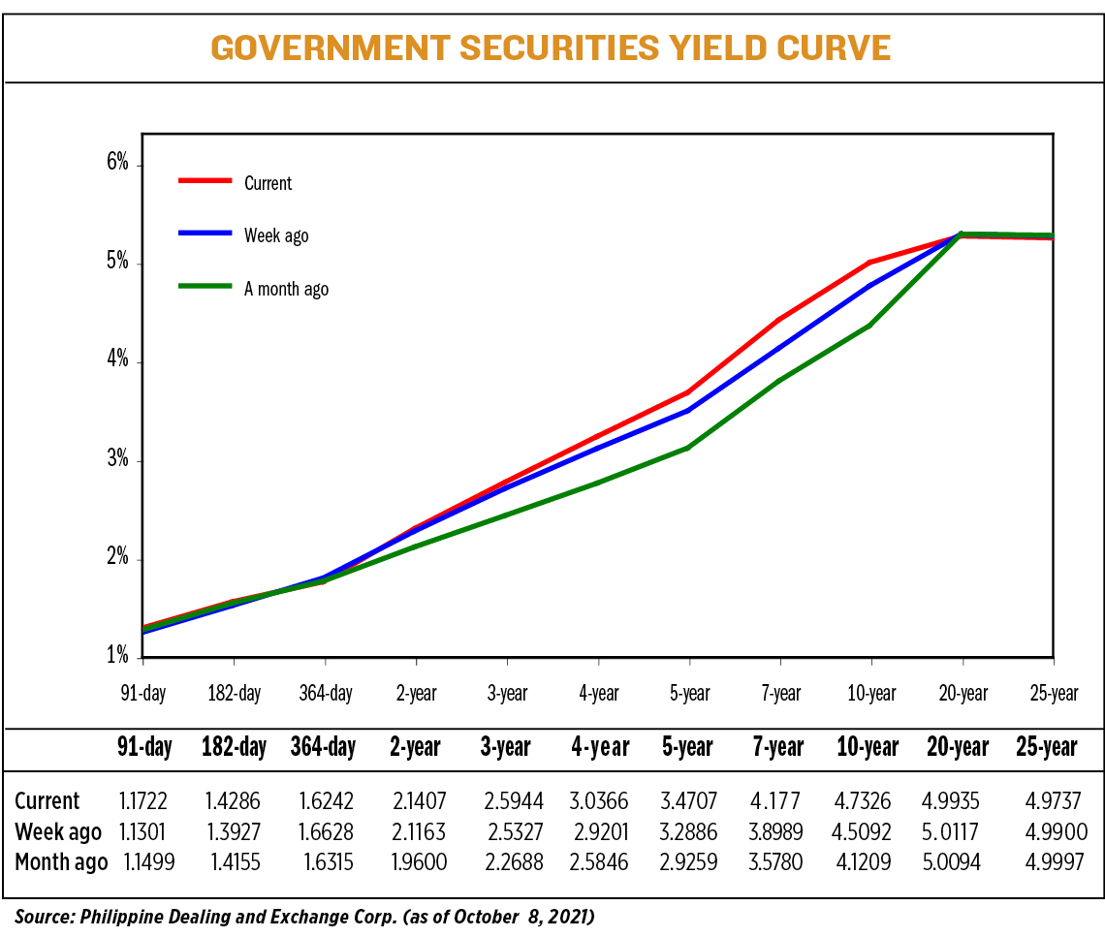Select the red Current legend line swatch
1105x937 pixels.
[205, 180]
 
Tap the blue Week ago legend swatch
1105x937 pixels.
[205, 234]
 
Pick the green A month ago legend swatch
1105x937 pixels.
[205, 287]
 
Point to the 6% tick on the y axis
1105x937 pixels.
[118, 163]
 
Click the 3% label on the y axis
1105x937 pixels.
[118, 458]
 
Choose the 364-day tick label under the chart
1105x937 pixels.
[325, 694]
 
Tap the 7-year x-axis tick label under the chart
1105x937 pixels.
[779, 694]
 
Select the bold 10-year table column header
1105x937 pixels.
[868, 747]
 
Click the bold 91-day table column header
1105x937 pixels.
[144, 747]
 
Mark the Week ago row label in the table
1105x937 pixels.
[58, 832]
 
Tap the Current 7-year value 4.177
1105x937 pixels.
[778, 801]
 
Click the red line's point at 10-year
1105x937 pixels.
[870, 263]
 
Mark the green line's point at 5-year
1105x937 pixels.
[688, 448]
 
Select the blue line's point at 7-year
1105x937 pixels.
[779, 348]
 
